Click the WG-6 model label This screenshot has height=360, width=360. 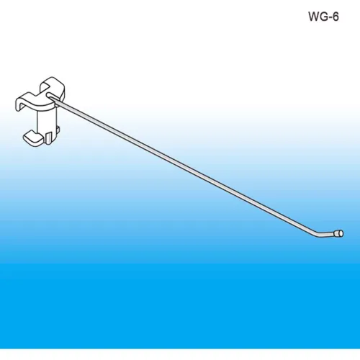click(323, 17)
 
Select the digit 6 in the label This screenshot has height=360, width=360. click(336, 17)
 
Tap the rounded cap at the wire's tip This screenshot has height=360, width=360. click(339, 233)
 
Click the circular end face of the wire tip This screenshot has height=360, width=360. click(341, 233)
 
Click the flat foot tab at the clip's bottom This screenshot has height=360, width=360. click(33, 138)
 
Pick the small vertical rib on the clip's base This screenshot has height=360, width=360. click(48, 138)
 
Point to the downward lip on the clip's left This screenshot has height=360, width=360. click(19, 105)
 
